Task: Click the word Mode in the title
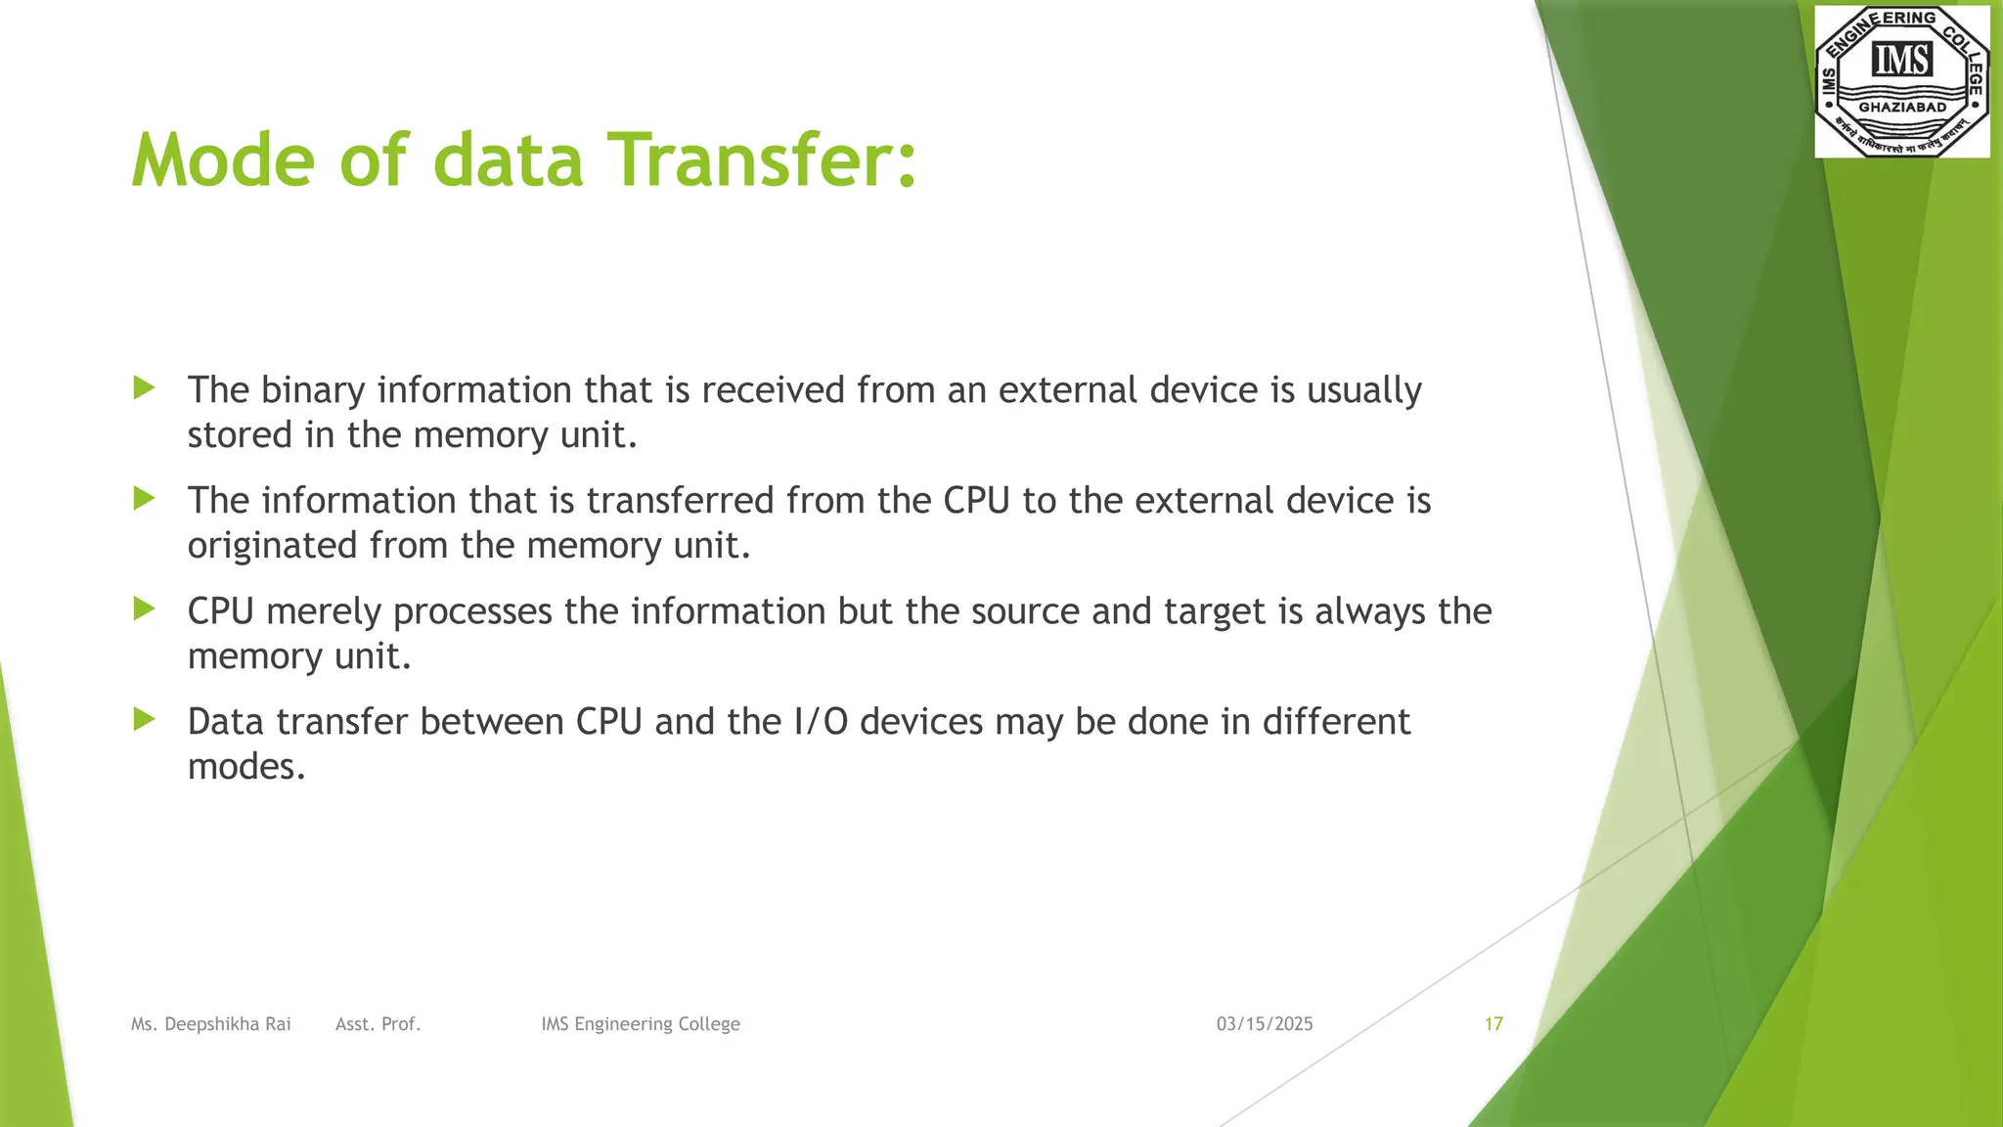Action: pyautogui.click(x=223, y=160)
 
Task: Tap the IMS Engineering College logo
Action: pyautogui.click(x=1901, y=80)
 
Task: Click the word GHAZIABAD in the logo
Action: pyautogui.click(x=1901, y=108)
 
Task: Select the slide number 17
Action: pyautogui.click(x=1492, y=1024)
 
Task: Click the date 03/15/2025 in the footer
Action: pyautogui.click(x=1264, y=1024)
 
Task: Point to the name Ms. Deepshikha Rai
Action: pyautogui.click(x=210, y=1024)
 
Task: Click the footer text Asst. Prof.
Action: pyautogui.click(x=378, y=1024)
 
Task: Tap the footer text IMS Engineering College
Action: pyautogui.click(x=640, y=1024)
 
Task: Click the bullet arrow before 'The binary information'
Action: pyautogui.click(x=145, y=388)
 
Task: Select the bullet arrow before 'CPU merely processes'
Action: pyautogui.click(x=145, y=609)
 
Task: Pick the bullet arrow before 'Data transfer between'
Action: pyautogui.click(x=145, y=720)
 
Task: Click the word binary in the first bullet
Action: pyautogui.click(x=313, y=390)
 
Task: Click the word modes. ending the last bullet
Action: pyautogui.click(x=246, y=767)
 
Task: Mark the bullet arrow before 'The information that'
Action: pyautogui.click(x=145, y=499)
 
